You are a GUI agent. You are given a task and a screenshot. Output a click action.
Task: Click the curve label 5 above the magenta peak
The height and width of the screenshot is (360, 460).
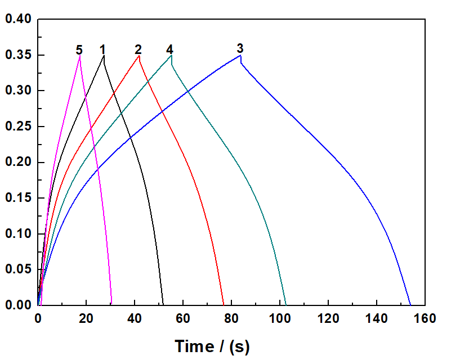pos(79,50)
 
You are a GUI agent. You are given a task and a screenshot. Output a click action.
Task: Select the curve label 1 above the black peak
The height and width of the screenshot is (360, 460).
pos(102,49)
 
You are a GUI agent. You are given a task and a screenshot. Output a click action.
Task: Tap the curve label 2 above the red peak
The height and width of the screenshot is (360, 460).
pos(138,49)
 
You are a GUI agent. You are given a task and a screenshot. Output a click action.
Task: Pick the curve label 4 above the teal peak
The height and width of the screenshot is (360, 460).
pos(169,49)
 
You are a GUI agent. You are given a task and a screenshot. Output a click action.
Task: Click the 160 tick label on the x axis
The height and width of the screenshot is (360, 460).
pos(424,318)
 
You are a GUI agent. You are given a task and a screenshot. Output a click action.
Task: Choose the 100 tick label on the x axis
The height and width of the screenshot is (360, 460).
pos(279,318)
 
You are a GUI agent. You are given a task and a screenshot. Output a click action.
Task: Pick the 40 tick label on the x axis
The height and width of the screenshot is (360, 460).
pos(135,318)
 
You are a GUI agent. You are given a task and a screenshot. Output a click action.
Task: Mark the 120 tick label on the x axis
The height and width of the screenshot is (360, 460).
pos(328,318)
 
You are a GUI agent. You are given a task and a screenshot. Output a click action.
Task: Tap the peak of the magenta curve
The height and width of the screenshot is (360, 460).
pos(80,56)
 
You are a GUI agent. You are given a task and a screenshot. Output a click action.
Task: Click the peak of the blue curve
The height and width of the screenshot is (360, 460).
pos(240,55)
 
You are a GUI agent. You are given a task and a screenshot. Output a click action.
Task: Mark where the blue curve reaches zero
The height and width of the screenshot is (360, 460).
pos(410,305)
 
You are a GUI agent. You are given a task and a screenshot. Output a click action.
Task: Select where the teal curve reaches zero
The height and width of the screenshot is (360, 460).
pos(286,305)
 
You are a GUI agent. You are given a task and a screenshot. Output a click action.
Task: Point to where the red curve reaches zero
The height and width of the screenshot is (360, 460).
pos(224,305)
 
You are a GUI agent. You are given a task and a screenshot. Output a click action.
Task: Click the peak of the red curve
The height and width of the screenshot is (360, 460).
pos(139,55)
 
